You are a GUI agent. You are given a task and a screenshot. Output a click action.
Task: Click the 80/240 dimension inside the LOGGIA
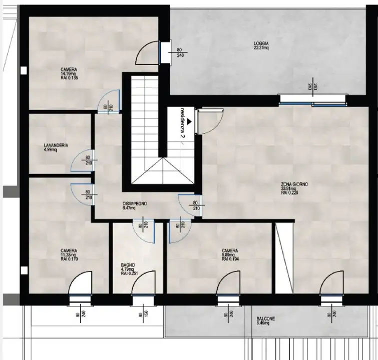point(180,53)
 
